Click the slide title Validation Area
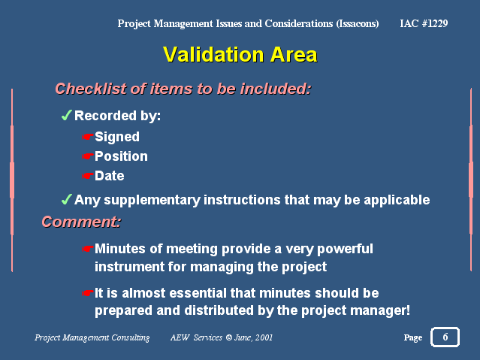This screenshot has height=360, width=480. pyautogui.click(x=240, y=55)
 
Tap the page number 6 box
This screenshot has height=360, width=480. pyautogui.click(x=445, y=337)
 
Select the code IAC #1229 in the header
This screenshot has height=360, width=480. pyautogui.click(x=424, y=23)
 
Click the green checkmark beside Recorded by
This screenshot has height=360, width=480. pyautogui.click(x=66, y=115)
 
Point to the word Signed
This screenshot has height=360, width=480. pyautogui.click(x=117, y=137)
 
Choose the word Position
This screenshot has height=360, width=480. pyautogui.click(x=121, y=156)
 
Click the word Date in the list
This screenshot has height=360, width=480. pyautogui.click(x=109, y=176)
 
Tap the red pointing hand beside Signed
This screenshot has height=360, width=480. pyautogui.click(x=88, y=137)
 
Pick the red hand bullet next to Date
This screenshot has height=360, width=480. pyautogui.click(x=88, y=176)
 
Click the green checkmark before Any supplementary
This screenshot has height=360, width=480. pyautogui.click(x=66, y=199)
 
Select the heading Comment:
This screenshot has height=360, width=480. pyautogui.click(x=81, y=222)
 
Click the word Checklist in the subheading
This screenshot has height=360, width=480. pyautogui.click(x=91, y=89)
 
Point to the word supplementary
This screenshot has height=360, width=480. pyautogui.click(x=152, y=201)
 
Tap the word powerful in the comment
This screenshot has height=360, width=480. pyautogui.click(x=345, y=249)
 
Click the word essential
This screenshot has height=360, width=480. pyautogui.click(x=198, y=293)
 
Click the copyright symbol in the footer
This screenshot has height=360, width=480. pyautogui.click(x=228, y=337)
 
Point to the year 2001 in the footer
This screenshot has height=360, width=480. pyautogui.click(x=264, y=337)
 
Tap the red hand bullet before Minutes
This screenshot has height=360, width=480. pyautogui.click(x=88, y=249)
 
